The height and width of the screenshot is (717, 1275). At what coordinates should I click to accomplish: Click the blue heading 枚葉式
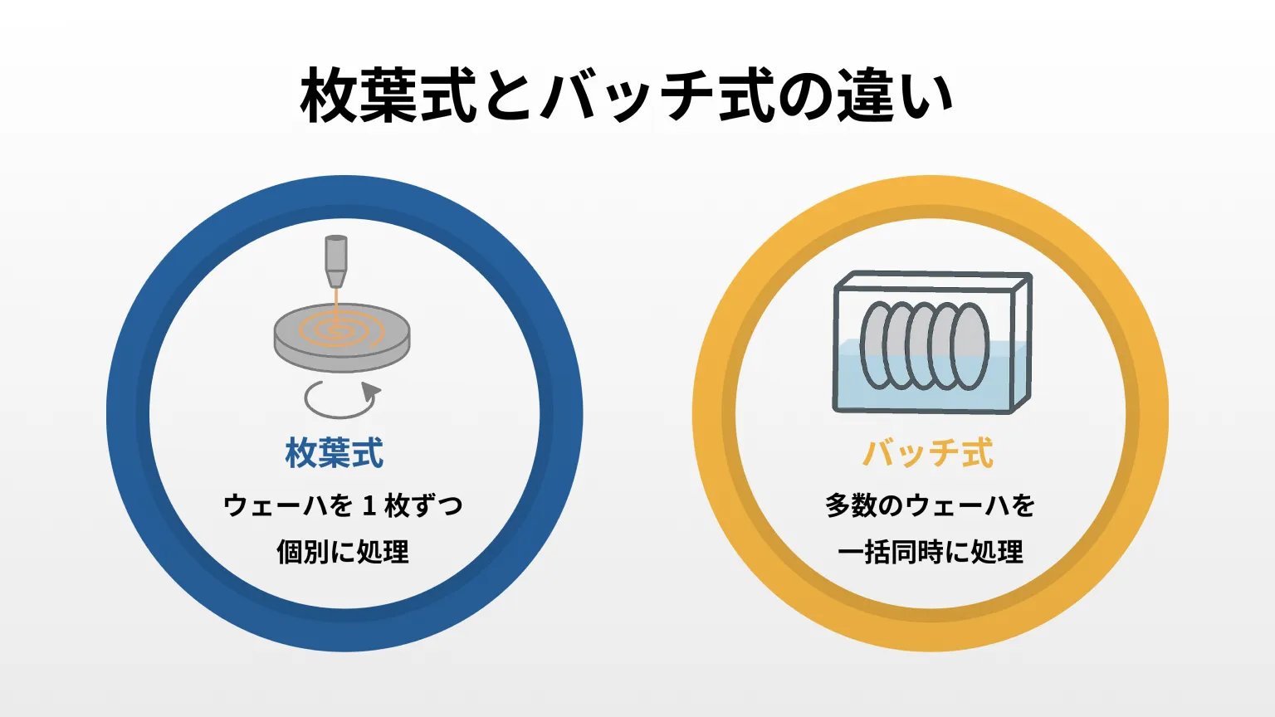[335, 453]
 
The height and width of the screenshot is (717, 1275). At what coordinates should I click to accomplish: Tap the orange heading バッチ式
[928, 453]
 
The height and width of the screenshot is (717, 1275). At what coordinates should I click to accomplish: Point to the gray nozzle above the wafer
[336, 261]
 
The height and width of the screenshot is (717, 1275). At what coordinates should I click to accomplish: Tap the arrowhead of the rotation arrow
[370, 392]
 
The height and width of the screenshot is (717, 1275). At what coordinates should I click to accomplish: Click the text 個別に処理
[343, 551]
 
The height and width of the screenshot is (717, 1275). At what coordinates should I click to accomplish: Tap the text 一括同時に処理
[931, 551]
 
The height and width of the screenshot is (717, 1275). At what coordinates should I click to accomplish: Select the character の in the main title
[805, 95]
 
